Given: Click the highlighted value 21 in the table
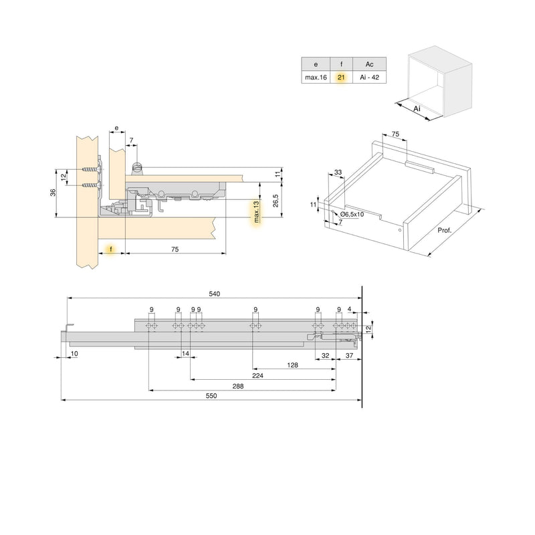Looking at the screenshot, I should (341, 78).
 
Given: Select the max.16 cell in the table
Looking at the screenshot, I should (315, 78).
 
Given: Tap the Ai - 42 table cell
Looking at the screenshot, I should (369, 78).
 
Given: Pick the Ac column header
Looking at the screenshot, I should (369, 64).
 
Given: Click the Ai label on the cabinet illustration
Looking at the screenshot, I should (416, 107).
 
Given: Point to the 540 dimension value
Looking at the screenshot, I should (215, 294).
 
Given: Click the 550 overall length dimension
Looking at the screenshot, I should (212, 395).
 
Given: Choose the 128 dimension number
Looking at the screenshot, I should (292, 364).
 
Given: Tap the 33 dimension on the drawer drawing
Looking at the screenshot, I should (338, 173).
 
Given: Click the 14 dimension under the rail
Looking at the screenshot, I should (185, 353).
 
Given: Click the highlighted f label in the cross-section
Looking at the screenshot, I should (112, 249).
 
